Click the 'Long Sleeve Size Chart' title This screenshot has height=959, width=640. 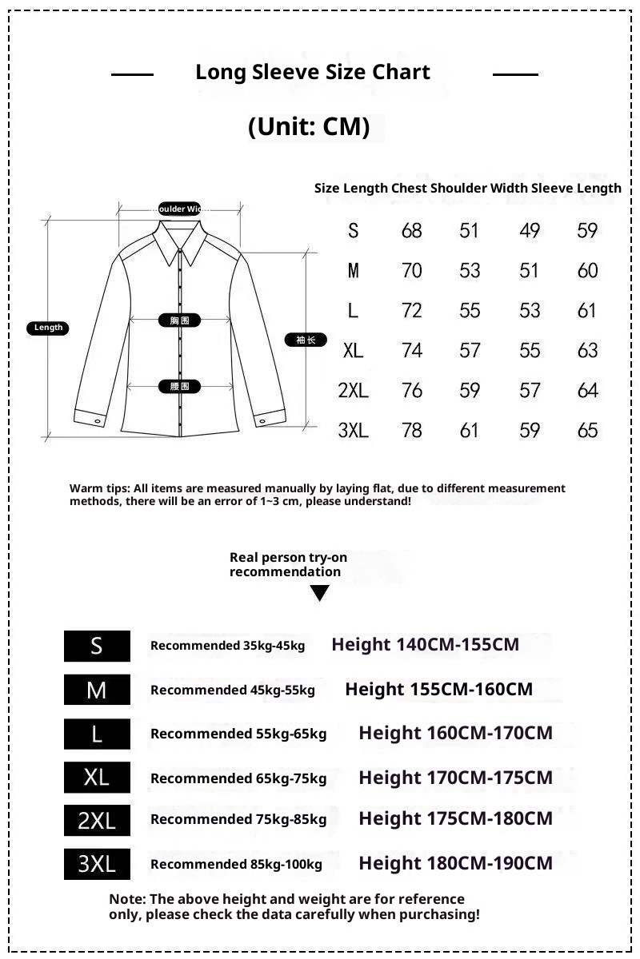tap(313, 72)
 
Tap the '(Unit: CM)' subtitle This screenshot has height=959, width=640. tap(309, 126)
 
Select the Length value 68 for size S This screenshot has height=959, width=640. tap(411, 231)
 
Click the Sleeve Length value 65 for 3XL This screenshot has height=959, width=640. tap(587, 430)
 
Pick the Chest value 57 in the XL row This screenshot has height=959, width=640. tap(470, 350)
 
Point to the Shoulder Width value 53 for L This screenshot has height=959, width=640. tap(530, 310)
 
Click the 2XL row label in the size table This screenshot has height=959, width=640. tap(353, 390)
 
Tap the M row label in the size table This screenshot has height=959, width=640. tap(353, 271)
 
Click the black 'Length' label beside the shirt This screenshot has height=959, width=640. tap(48, 328)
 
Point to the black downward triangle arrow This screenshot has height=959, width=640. tap(320, 593)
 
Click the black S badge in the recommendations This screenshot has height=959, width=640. tap(97, 646)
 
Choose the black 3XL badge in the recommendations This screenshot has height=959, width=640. tap(97, 864)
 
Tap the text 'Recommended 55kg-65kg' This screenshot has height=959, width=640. tap(238, 734)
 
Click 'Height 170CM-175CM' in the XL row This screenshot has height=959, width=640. tap(455, 778)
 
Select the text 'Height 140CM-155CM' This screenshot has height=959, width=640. tap(425, 644)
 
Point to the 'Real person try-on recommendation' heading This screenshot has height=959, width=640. tap(288, 564)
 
